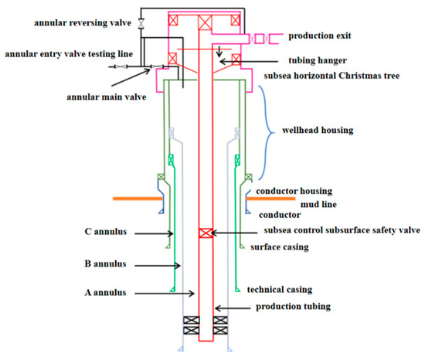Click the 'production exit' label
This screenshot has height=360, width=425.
click(323, 36)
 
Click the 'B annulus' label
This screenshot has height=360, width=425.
click(106, 263)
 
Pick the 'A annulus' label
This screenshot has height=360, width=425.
click(105, 292)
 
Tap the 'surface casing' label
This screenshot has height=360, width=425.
click(280, 247)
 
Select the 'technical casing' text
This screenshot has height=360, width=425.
click(279, 290)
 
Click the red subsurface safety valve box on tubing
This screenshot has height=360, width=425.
click(206, 233)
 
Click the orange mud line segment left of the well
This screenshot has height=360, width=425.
click(136, 198)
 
